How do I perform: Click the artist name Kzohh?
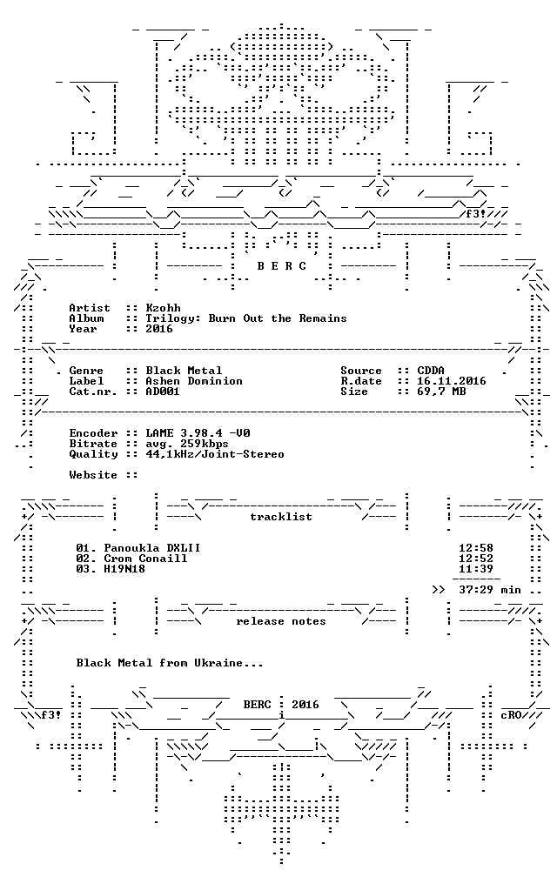tap(163, 308)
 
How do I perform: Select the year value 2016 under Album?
tap(159, 329)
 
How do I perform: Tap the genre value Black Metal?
tap(184, 371)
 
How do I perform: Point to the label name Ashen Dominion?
tap(194, 381)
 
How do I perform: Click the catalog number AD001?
tap(163, 392)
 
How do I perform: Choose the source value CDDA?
tap(431, 371)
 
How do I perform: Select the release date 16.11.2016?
tap(452, 381)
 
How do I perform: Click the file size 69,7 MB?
tap(441, 392)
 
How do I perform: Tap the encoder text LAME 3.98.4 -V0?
tap(198, 433)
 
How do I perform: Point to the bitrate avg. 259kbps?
tap(187, 444)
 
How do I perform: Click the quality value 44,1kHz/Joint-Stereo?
tap(215, 454)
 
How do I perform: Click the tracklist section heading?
tap(281, 517)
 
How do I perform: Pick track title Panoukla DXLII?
tap(152, 548)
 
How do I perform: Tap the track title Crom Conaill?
tap(145, 559)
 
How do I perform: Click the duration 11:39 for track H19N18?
tap(476, 569)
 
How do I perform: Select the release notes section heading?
tap(281, 621)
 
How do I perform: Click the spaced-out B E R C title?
tap(282, 266)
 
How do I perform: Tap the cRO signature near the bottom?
tap(511, 715)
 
